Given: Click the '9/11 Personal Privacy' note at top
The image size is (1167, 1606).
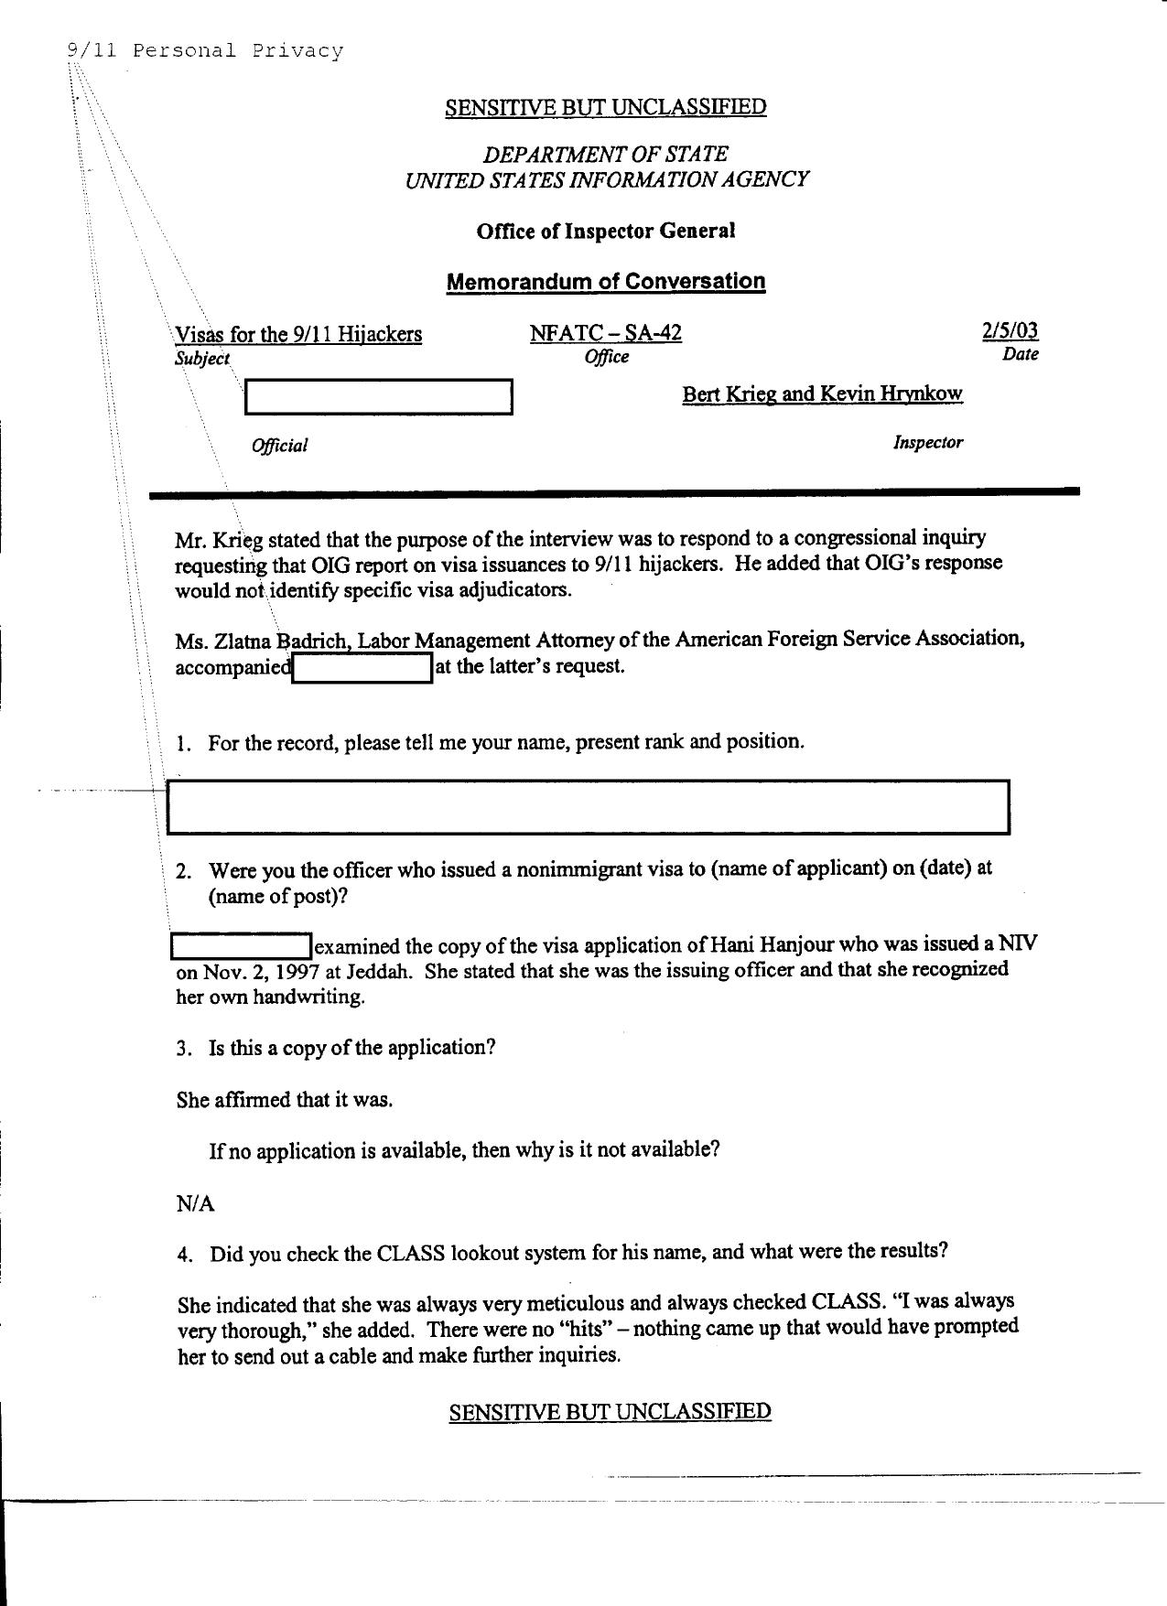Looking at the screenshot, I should (205, 50).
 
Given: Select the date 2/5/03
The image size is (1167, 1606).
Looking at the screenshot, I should (1010, 330).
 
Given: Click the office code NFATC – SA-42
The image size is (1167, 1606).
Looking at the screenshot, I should (605, 333).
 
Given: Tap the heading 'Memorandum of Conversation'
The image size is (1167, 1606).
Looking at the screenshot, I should (605, 282).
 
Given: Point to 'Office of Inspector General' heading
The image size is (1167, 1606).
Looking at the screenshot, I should (605, 232).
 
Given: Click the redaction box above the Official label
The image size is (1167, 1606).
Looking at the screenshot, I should (378, 397).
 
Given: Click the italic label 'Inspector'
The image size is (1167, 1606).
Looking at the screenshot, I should (927, 443).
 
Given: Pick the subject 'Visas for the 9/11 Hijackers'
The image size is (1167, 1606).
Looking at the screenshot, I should (298, 334).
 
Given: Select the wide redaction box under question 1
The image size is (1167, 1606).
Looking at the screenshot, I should (588, 807).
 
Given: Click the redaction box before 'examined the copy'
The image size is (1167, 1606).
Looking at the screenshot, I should (242, 945).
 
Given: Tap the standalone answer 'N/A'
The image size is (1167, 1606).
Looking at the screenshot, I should (195, 1204).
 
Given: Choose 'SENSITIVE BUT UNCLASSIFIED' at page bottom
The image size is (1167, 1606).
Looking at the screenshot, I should (610, 1411).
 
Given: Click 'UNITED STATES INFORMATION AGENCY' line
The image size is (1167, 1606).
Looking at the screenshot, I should (606, 179).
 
